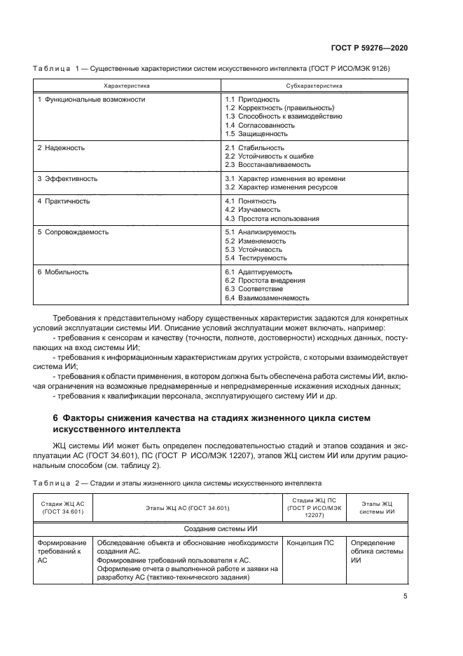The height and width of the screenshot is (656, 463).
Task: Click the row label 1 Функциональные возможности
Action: click(91, 100)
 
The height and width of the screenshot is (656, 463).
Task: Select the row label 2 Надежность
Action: click(61, 148)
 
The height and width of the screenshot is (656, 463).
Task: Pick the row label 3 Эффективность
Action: click(67, 179)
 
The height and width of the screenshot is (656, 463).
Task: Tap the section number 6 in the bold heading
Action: click(56, 418)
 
